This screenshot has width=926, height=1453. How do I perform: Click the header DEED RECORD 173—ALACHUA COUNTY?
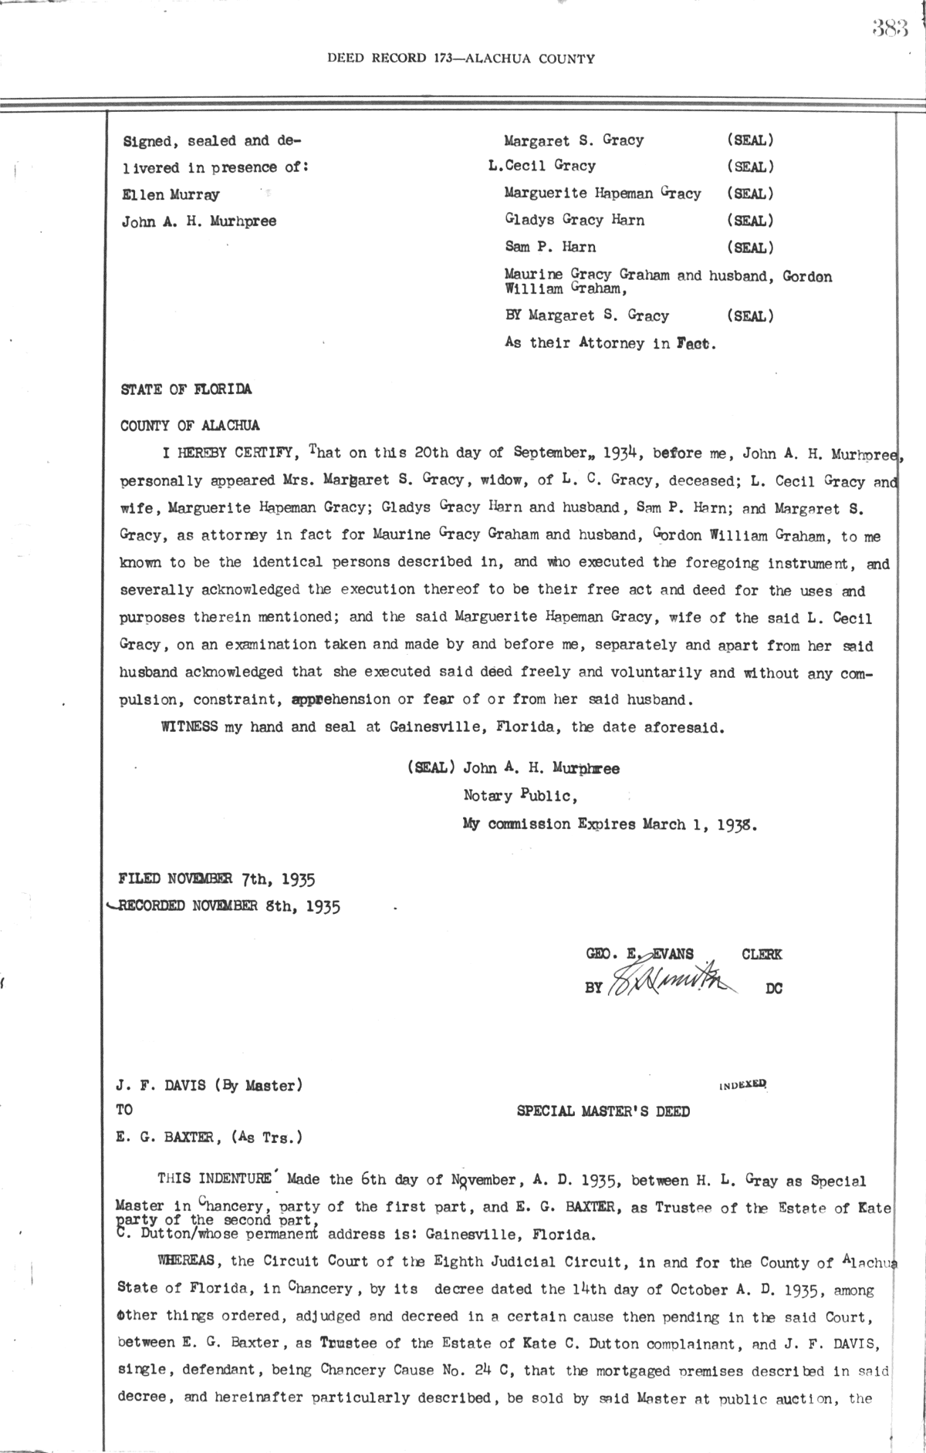point(461,58)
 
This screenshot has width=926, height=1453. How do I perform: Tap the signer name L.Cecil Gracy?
point(542,166)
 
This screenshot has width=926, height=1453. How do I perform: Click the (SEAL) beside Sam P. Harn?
point(750,248)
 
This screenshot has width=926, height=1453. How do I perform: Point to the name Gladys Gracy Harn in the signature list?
point(574,220)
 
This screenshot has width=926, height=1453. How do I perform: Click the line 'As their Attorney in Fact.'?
point(610,344)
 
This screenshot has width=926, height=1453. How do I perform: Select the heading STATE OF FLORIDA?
point(186,389)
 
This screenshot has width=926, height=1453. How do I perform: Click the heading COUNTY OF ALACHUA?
point(190,425)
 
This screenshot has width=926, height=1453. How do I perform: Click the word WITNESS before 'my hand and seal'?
point(189,727)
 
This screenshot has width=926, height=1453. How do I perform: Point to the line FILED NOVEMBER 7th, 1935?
point(217,878)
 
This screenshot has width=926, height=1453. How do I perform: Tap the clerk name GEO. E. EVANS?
point(640,955)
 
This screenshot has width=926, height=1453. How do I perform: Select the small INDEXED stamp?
point(742,1084)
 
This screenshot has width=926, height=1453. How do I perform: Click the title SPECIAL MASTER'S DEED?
point(603,1111)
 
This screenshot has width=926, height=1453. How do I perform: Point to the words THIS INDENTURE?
point(214,1180)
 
